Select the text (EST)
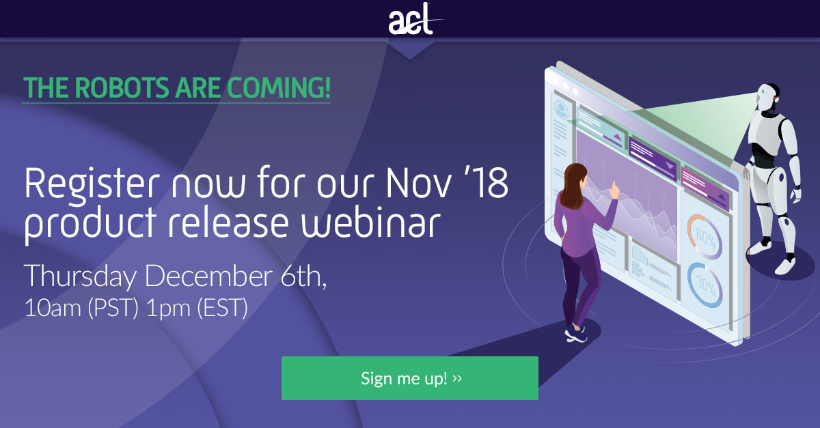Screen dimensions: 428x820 (221, 308)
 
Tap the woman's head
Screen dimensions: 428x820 (575, 176)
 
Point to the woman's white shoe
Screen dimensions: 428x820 (575, 334)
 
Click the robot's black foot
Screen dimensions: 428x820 (786, 264)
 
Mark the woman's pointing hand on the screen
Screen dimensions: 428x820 (615, 188)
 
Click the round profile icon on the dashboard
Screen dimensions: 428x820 (562, 109)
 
